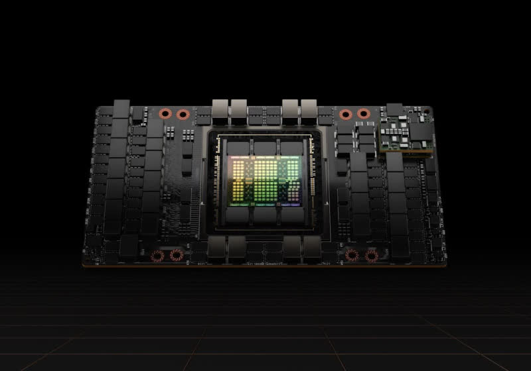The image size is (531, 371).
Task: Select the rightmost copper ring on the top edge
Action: tap(362, 114)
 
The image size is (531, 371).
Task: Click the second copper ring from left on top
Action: tap(181, 114)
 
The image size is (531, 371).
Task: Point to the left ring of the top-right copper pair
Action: tap(345, 114)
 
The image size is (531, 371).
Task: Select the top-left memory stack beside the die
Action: tap(238, 148)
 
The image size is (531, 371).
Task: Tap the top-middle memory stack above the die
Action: tap(266, 148)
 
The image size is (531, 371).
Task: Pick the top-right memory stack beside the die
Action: tap(292, 148)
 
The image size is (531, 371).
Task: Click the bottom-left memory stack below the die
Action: tap(238, 215)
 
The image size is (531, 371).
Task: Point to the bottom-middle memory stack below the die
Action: tap(266, 215)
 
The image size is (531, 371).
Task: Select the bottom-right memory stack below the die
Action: tap(292, 215)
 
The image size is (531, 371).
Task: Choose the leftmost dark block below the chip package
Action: tap(217, 249)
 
